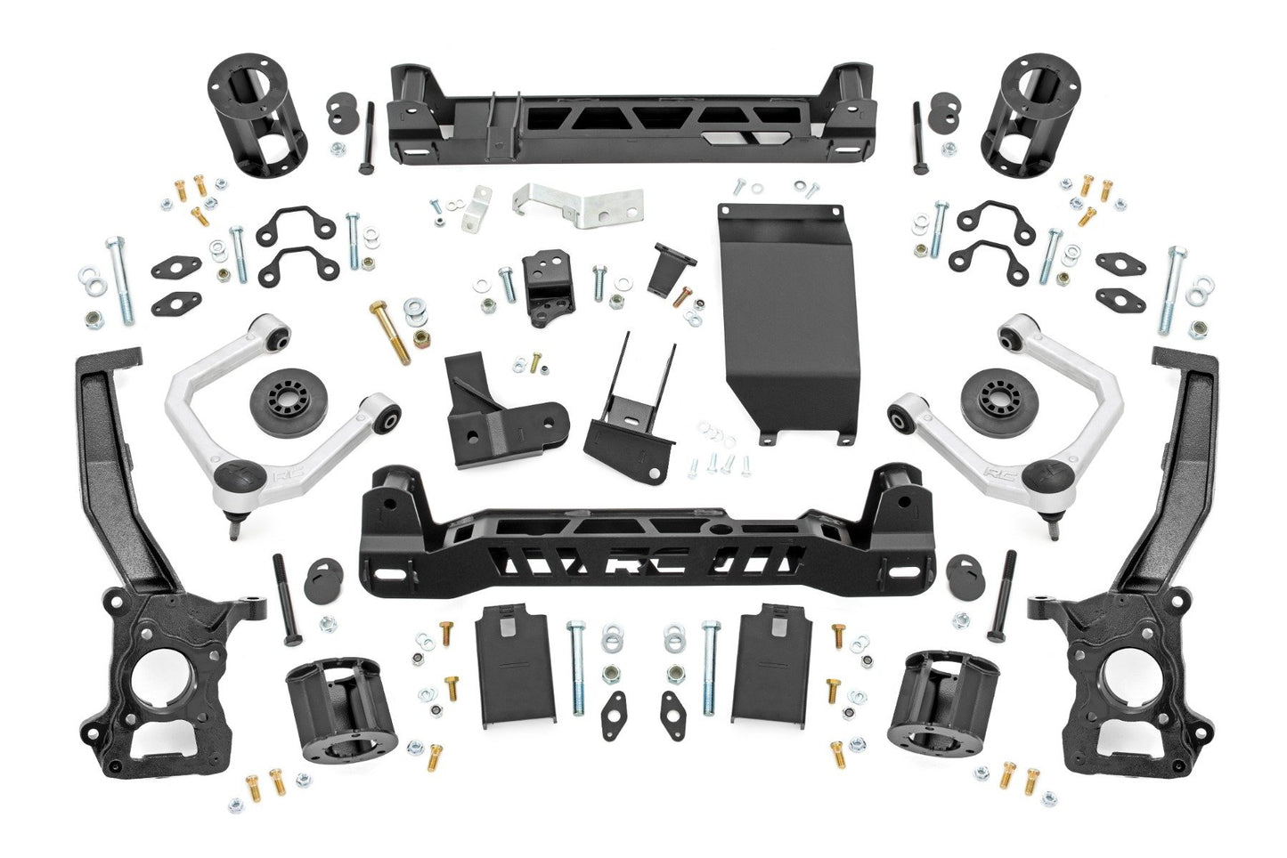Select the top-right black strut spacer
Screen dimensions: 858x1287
[x=1023, y=115]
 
